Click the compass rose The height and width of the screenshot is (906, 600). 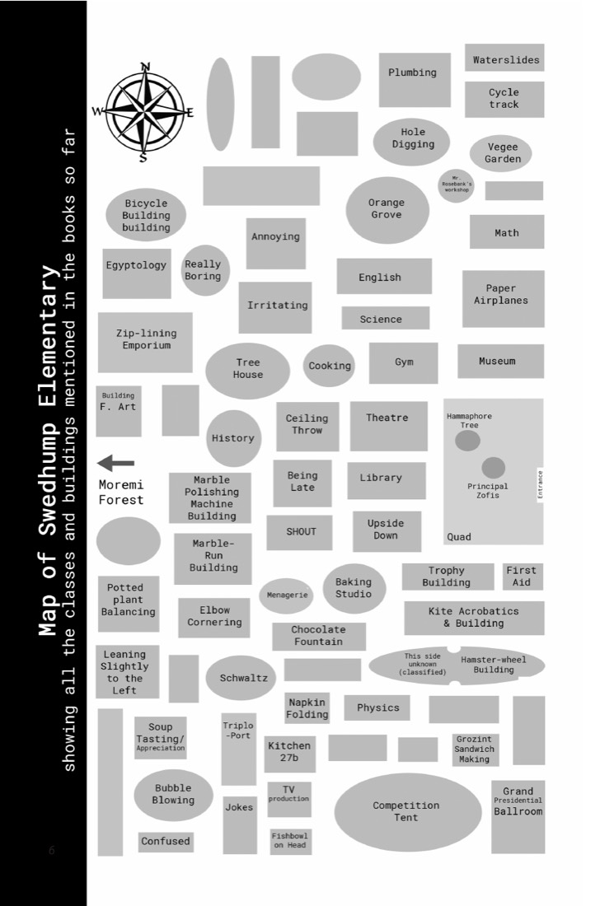[143, 111]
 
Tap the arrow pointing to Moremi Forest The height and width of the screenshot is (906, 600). [115, 463]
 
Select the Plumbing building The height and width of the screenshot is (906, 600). [415, 80]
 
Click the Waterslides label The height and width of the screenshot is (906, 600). [506, 59]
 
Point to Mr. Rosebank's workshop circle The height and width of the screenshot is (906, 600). [456, 185]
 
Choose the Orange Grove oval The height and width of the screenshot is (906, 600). [387, 210]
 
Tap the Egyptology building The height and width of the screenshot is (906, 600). [137, 273]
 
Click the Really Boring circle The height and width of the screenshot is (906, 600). [204, 270]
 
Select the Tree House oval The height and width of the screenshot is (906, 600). [247, 371]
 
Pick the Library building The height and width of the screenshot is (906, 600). [387, 479]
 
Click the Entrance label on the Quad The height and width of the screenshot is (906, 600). [541, 485]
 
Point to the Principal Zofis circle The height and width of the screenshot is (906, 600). [493, 468]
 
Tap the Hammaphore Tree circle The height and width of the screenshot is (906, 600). [467, 441]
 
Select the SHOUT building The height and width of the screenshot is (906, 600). [299, 532]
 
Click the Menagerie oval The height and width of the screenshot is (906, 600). [286, 595]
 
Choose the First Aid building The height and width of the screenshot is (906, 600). [523, 576]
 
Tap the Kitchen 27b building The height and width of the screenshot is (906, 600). [289, 754]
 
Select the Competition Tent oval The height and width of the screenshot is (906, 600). [407, 812]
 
